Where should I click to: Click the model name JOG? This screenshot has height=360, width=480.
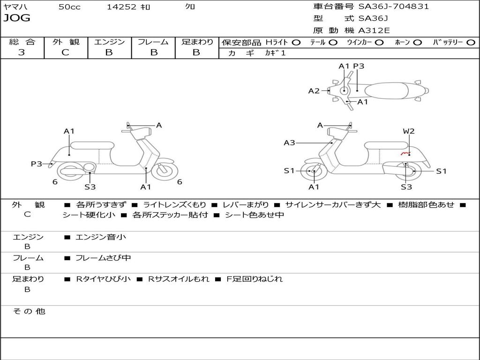(17, 18)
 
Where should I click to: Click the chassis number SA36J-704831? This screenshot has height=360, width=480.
(393, 7)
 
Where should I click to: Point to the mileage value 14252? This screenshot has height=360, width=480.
(121, 7)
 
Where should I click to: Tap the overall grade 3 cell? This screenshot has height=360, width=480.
(22, 52)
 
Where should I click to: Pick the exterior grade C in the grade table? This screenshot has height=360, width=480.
(65, 52)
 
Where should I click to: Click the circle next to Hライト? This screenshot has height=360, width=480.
(296, 42)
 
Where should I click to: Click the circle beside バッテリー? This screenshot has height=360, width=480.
(471, 42)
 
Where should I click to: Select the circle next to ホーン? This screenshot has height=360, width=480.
(417, 42)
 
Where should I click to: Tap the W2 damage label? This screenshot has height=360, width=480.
(409, 131)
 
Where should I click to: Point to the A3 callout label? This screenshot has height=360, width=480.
(289, 142)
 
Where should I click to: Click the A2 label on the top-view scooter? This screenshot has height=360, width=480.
(314, 91)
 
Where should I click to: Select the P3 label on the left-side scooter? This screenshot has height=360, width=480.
(37, 164)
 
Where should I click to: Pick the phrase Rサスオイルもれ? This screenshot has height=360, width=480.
(179, 279)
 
